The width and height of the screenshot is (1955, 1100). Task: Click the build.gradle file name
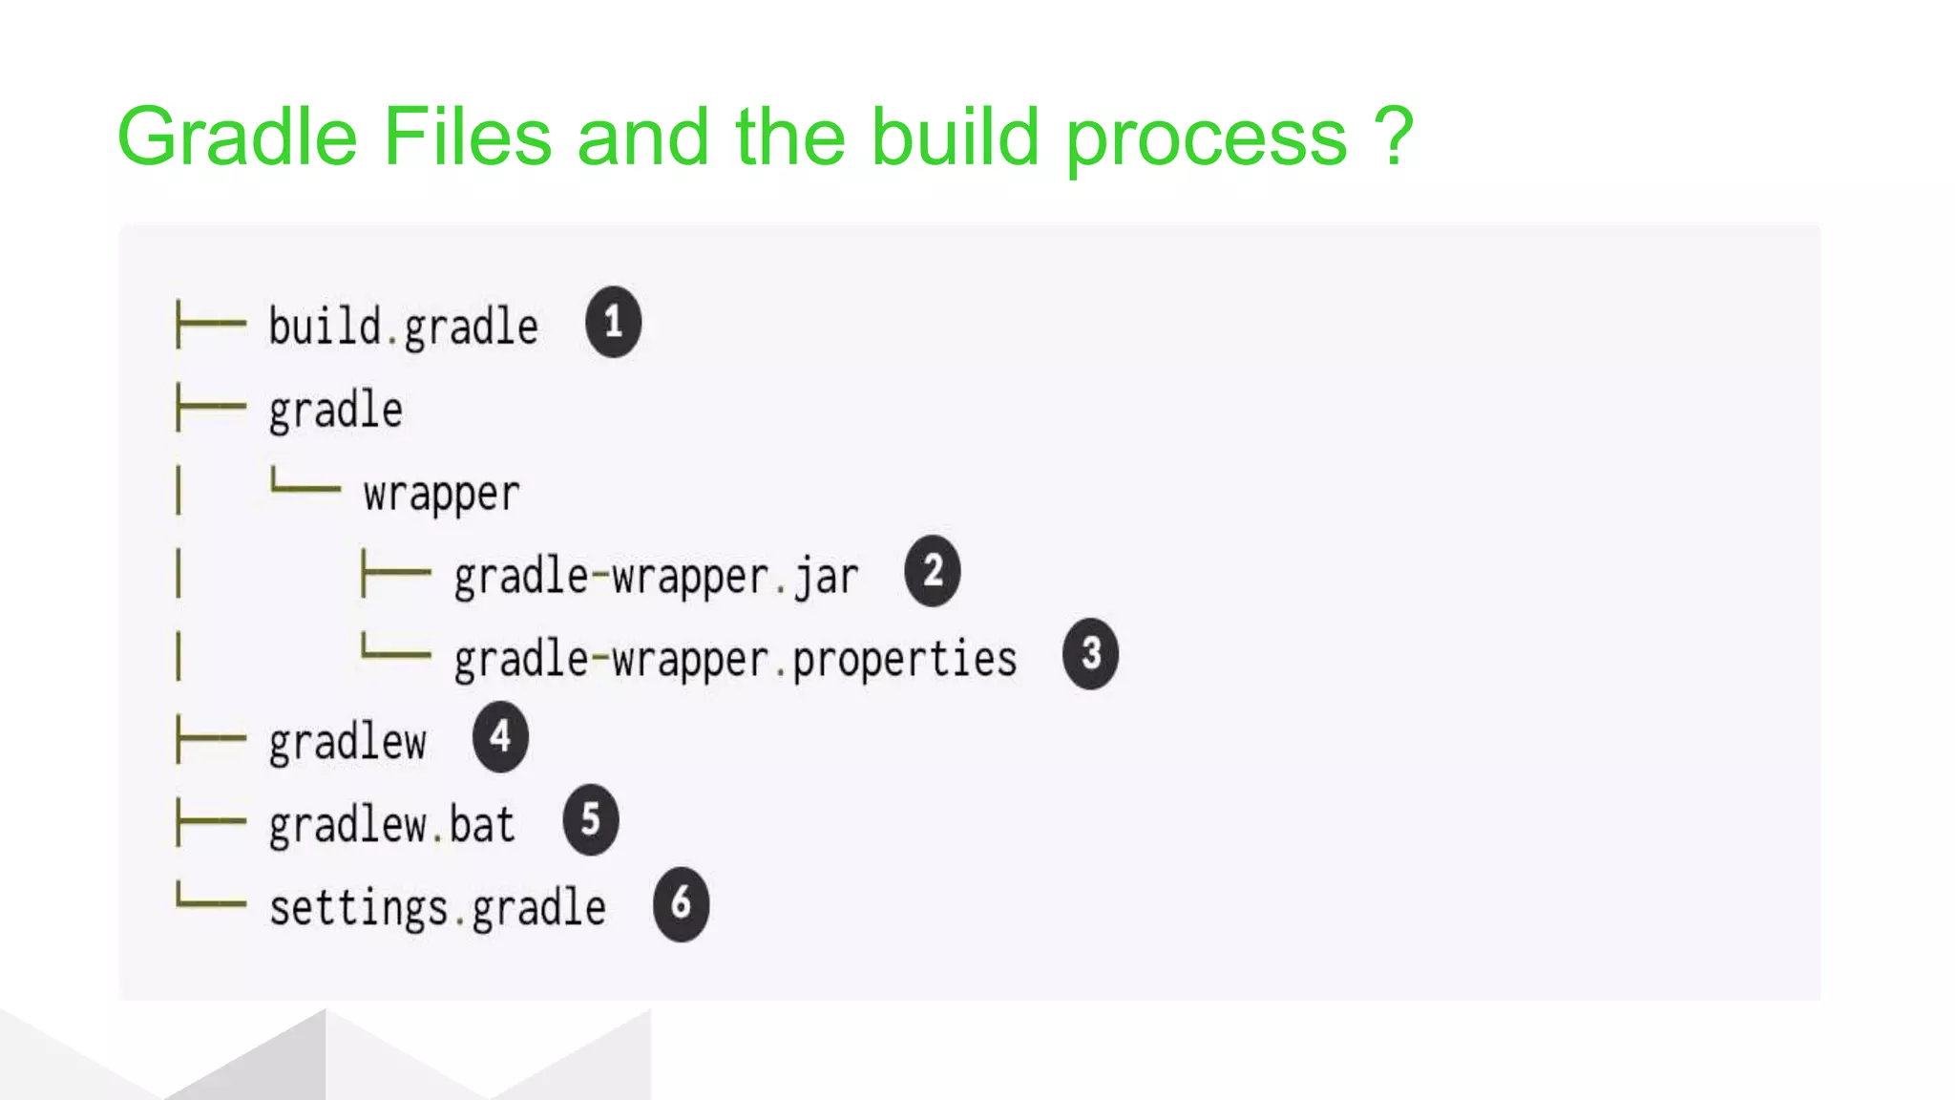point(403,328)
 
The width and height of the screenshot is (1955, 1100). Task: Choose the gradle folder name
point(335,412)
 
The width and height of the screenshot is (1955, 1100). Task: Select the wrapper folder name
point(441,495)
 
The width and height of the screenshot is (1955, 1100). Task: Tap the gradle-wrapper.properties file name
point(735,660)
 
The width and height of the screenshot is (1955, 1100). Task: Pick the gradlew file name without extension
point(347,743)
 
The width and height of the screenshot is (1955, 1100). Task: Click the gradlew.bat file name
point(391,825)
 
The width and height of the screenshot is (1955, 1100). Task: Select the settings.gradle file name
point(437,908)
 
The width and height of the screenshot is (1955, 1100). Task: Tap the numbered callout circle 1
point(613,322)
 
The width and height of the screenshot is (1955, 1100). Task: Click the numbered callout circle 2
point(933,572)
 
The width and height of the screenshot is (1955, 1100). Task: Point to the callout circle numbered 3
point(1090,654)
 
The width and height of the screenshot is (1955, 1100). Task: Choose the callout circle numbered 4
point(500,736)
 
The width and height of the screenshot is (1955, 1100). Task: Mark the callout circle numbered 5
point(591,819)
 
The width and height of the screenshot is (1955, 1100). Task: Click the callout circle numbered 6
point(681,903)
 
